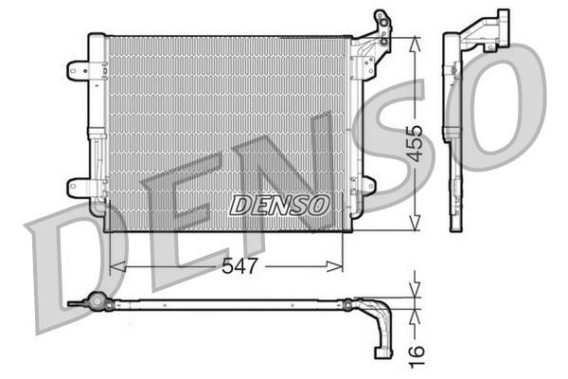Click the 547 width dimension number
pyautogui.click(x=240, y=266)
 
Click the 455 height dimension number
pyautogui.click(x=414, y=143)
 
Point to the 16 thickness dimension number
pyautogui.click(x=417, y=356)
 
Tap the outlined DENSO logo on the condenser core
pyautogui.click(x=279, y=205)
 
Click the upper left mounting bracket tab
pyautogui.click(x=78, y=70)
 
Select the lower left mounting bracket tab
pyautogui.click(x=78, y=188)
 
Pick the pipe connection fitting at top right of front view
pyautogui.click(x=382, y=28)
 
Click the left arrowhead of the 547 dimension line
pyautogui.click(x=117, y=266)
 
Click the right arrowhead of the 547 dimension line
pyautogui.click(x=334, y=266)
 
